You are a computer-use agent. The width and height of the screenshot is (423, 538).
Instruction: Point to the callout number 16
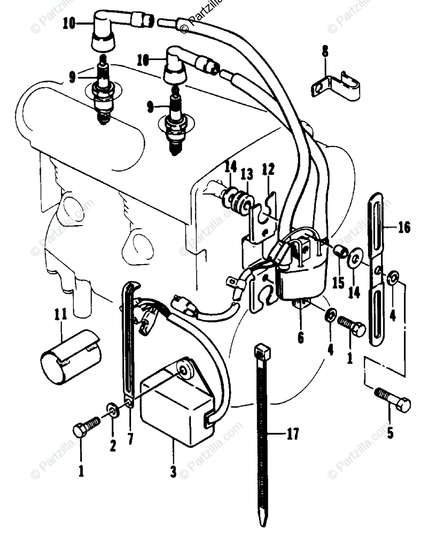[404, 228]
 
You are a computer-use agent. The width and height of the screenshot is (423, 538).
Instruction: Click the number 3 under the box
[173, 472]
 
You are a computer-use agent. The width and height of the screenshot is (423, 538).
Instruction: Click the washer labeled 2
[112, 410]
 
